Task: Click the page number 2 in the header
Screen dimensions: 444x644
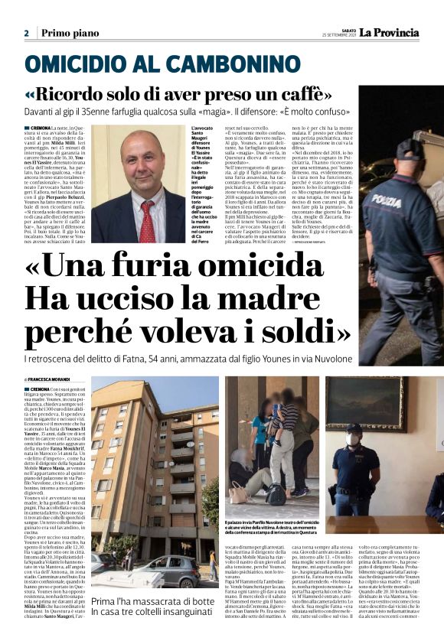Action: pos(26,33)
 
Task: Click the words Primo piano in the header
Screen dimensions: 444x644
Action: pos(70,33)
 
